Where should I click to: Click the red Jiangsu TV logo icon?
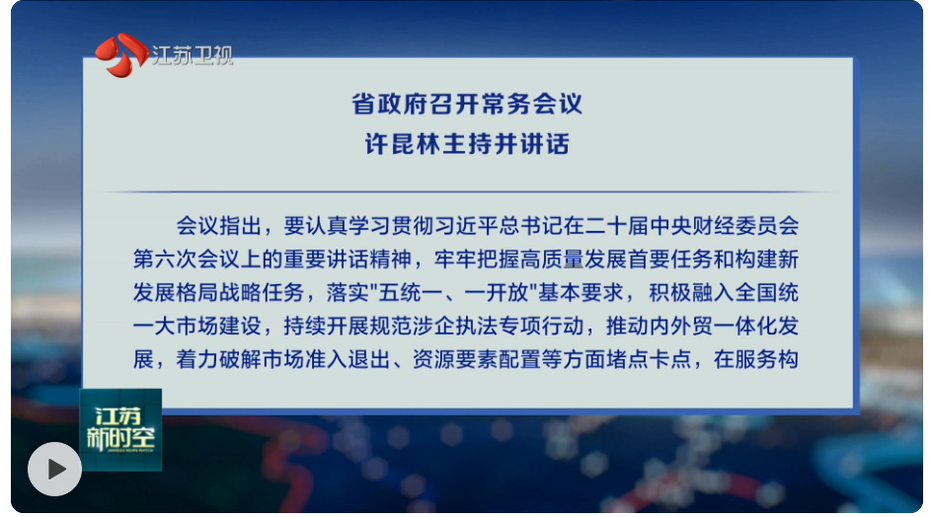(121, 54)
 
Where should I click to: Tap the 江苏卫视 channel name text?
(192, 55)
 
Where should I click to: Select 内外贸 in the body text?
(681, 326)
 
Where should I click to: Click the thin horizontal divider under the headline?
(467, 192)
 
